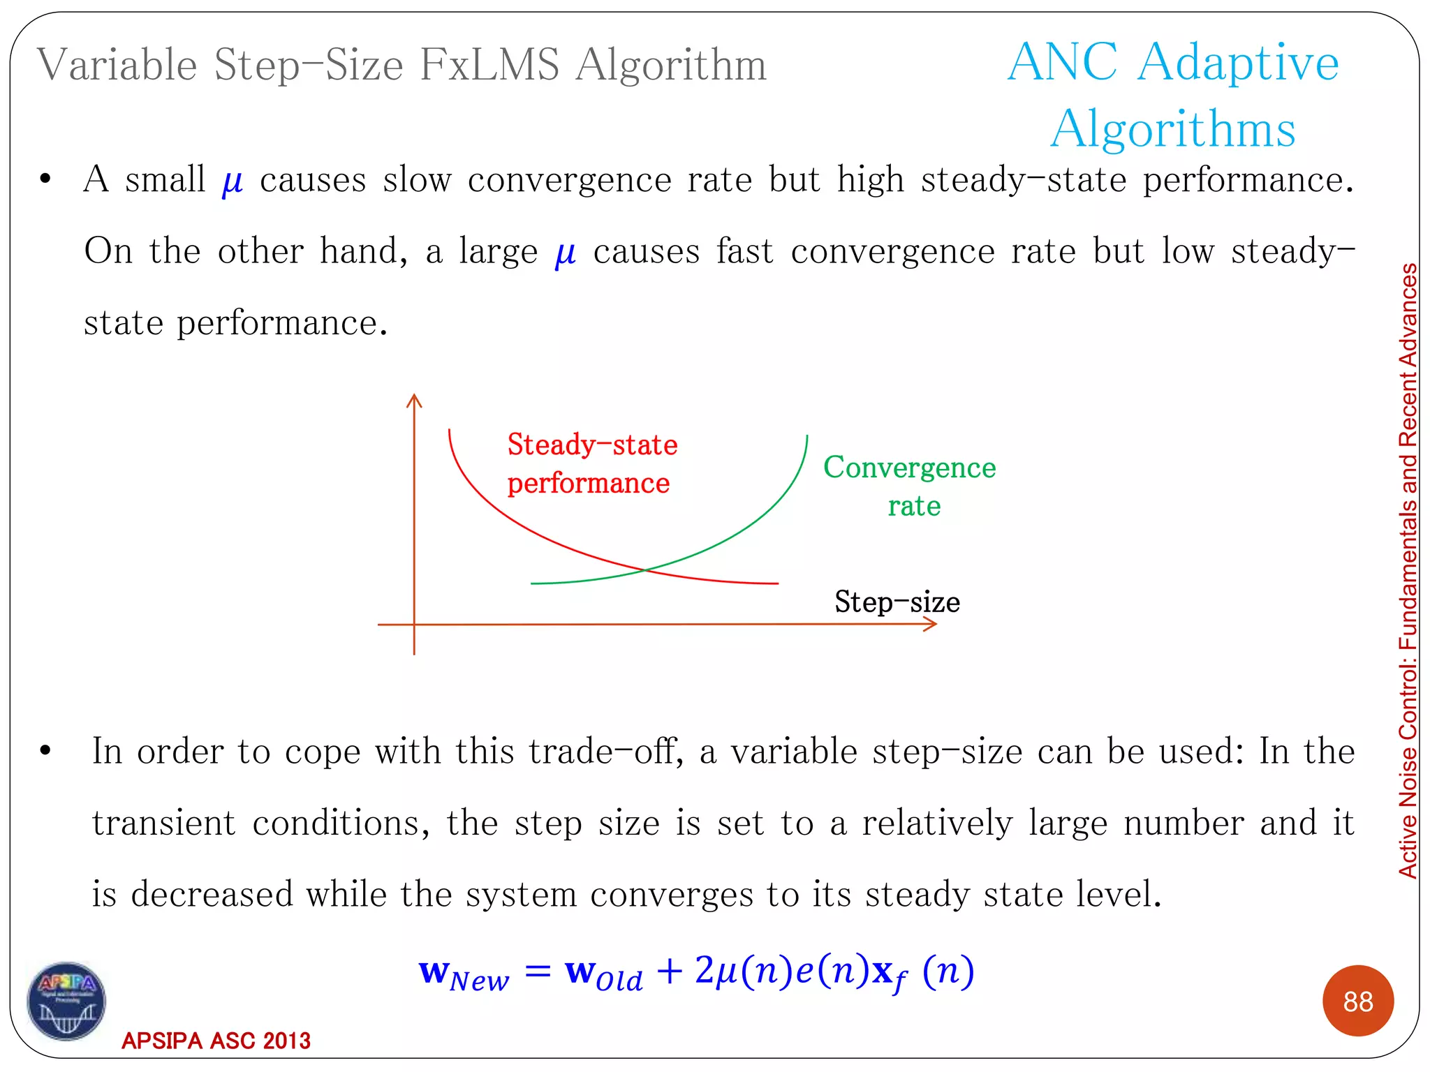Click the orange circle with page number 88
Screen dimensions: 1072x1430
pos(1357,1001)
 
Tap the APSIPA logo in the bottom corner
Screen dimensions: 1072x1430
pos(66,1001)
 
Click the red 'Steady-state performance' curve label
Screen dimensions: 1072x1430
pos(591,463)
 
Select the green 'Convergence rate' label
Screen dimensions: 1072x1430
pos(910,486)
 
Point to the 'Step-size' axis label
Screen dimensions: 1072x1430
pos(897,602)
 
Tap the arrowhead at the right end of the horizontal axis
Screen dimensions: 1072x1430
pos(931,624)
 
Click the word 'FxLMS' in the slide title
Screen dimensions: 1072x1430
pos(489,65)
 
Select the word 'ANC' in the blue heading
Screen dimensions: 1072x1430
pos(1063,63)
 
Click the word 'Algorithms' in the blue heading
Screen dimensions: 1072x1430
pos(1173,129)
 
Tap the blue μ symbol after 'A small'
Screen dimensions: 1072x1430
pos(232,181)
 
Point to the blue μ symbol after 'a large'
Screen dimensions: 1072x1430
pos(565,253)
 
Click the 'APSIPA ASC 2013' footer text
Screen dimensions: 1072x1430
pos(216,1041)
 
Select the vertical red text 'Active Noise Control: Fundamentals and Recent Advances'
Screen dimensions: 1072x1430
pos(1408,570)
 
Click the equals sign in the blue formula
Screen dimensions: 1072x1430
pos(538,971)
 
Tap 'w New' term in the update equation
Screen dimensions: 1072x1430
pos(464,974)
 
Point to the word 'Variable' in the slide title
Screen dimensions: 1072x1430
pos(117,65)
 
